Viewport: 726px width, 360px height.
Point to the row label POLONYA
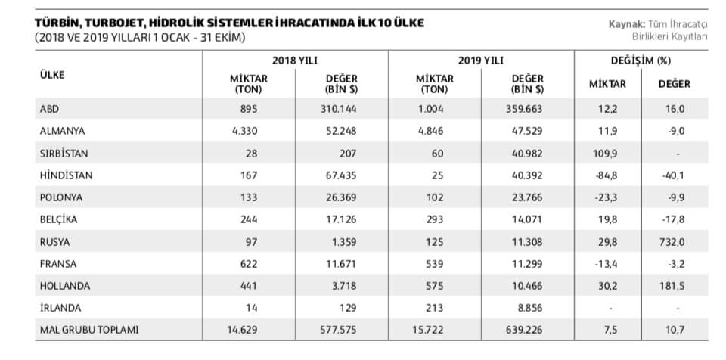click(60, 197)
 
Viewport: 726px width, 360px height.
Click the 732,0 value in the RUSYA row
click(671, 241)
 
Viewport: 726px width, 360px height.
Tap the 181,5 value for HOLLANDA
click(671, 285)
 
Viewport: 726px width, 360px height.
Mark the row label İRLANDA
click(58, 307)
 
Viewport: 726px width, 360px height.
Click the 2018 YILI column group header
click(295, 59)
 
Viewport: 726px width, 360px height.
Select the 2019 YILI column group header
click(481, 59)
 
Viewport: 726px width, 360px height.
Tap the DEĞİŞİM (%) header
click(641, 59)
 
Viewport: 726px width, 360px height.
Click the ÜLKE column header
click(51, 75)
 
